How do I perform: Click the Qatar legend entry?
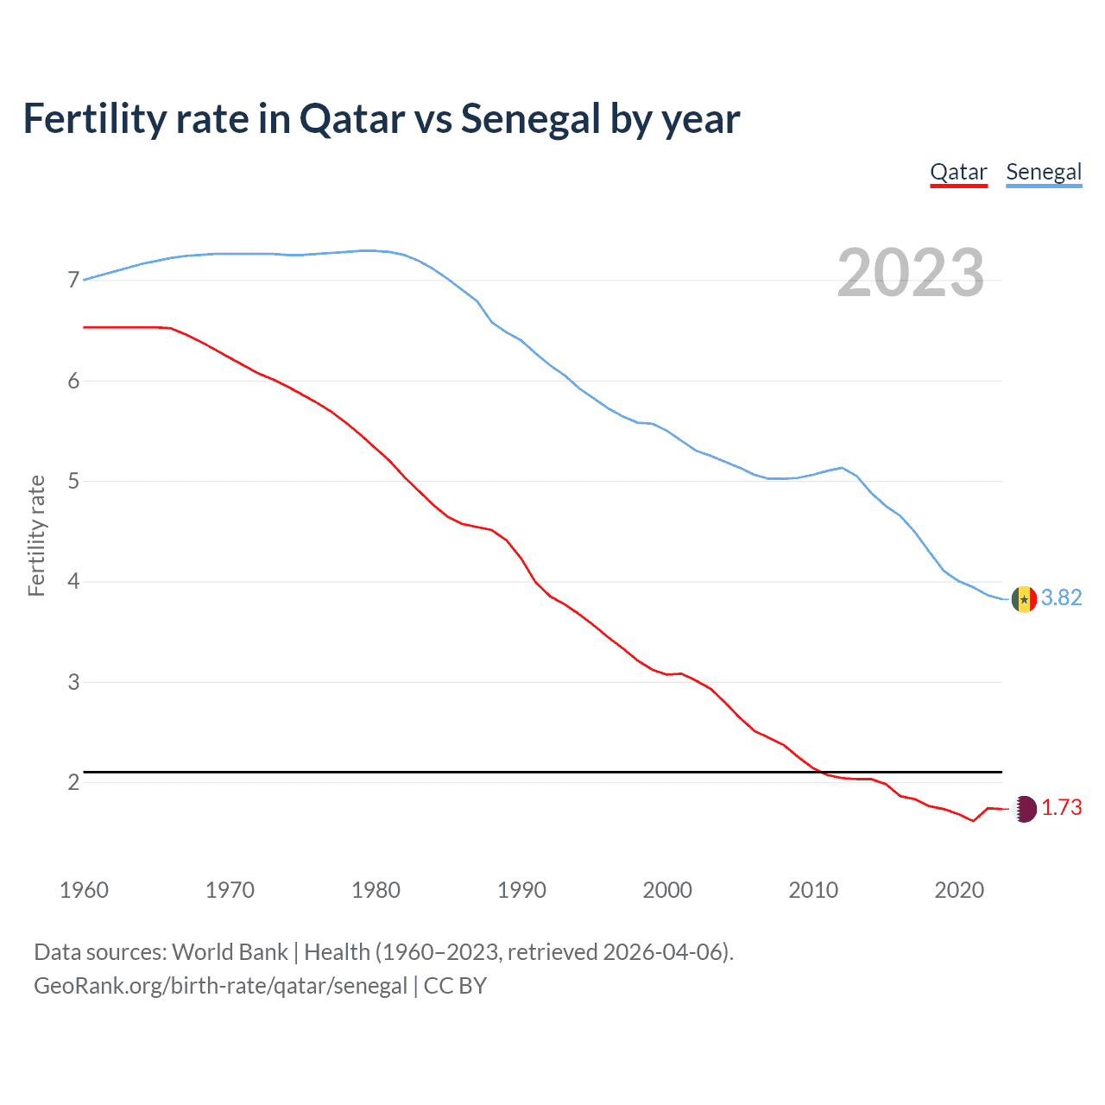(x=958, y=172)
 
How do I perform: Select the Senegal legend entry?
(x=1044, y=172)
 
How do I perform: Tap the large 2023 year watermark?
(x=911, y=273)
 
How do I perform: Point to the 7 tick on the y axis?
(x=73, y=281)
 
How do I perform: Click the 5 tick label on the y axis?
(x=73, y=481)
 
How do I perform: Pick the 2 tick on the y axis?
(x=73, y=782)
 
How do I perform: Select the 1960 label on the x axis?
(x=84, y=890)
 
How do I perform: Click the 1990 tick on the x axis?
(x=521, y=890)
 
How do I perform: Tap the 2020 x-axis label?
(x=959, y=890)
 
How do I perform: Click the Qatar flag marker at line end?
(x=1024, y=809)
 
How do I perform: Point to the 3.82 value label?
(x=1061, y=598)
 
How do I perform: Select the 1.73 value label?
(x=1061, y=808)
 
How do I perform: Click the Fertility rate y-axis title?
(x=36, y=535)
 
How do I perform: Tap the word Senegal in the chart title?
(x=530, y=119)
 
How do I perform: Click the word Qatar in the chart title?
(x=352, y=119)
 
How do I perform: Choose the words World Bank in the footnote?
(x=230, y=952)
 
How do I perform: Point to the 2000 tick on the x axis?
(x=667, y=890)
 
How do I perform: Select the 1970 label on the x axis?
(x=230, y=890)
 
